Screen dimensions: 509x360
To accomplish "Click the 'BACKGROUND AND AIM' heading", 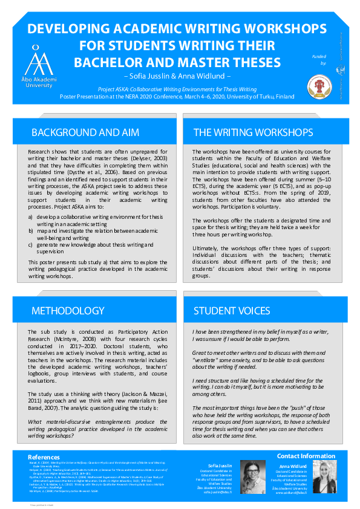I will point(85,132).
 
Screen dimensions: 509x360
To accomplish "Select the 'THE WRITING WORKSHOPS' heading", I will point(253,132).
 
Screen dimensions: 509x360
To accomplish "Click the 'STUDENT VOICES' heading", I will point(232,310).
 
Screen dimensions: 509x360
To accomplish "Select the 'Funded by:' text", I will point(319,59).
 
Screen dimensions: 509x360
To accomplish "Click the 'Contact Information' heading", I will point(306,455).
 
